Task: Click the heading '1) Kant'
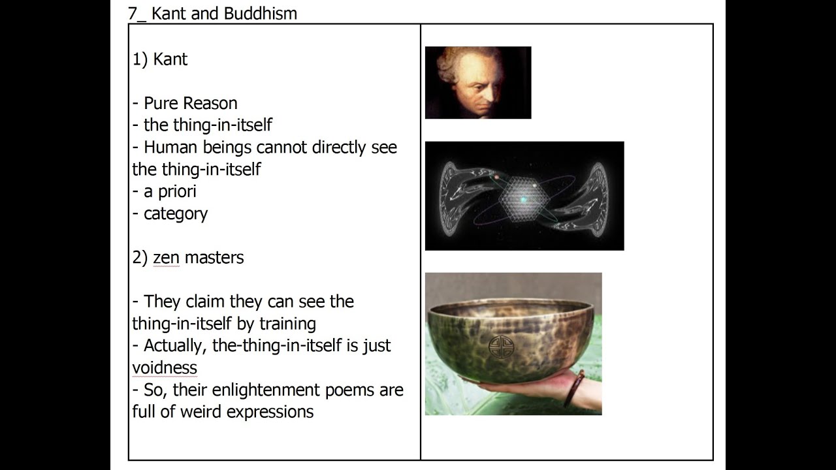(160, 59)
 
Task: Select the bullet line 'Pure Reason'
(190, 103)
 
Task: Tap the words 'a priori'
(170, 191)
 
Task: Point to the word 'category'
(175, 213)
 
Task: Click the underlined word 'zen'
(166, 257)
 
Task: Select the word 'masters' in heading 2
(214, 257)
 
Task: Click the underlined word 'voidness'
(165, 368)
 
